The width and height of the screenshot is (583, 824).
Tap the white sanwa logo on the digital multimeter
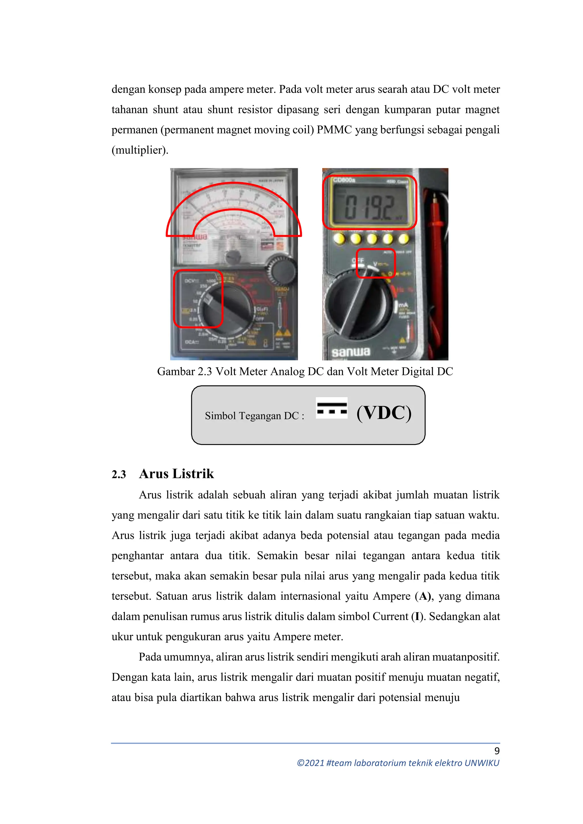pyautogui.click(x=351, y=351)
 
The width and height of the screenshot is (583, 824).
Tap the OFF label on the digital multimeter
pyautogui.click(x=358, y=260)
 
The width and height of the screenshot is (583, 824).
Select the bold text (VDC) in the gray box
pyautogui.click(x=384, y=413)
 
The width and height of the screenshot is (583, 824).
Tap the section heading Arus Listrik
pyautogui.click(x=176, y=474)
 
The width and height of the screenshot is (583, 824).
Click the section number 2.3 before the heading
pyautogui.click(x=119, y=474)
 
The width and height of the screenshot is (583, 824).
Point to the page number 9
pyautogui.click(x=497, y=751)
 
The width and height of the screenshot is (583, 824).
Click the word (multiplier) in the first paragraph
pyautogui.click(x=140, y=150)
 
